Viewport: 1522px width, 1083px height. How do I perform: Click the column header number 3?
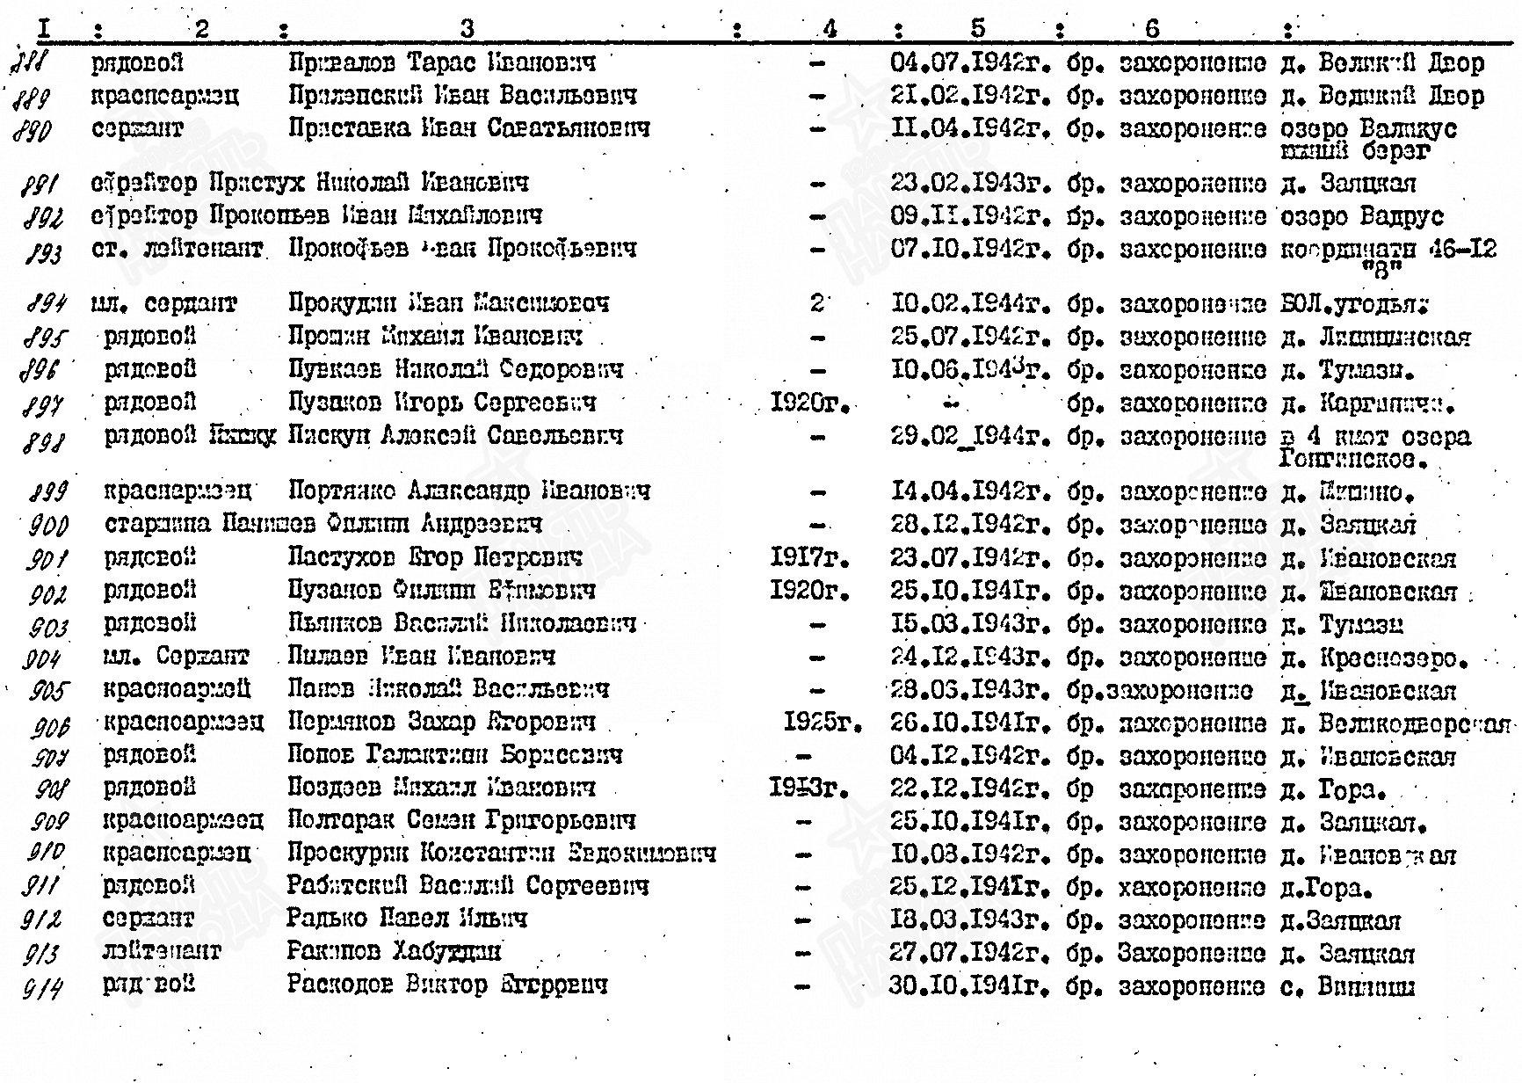467,29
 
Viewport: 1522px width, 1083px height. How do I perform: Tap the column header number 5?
978,29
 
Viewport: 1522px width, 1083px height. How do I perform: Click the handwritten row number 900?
48,526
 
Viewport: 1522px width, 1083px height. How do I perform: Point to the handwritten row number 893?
45,253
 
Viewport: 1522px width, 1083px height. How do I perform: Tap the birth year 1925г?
822,723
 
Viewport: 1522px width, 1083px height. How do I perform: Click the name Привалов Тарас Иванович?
441,62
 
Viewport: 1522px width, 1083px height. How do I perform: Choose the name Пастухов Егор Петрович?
434,557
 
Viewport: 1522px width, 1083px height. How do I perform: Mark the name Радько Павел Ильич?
407,919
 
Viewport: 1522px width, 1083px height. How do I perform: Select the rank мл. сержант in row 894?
163,304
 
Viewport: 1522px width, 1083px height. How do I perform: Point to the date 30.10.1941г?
970,986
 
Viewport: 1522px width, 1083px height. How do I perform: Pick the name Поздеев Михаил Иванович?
441,789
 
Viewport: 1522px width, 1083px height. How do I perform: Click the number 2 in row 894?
817,304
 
